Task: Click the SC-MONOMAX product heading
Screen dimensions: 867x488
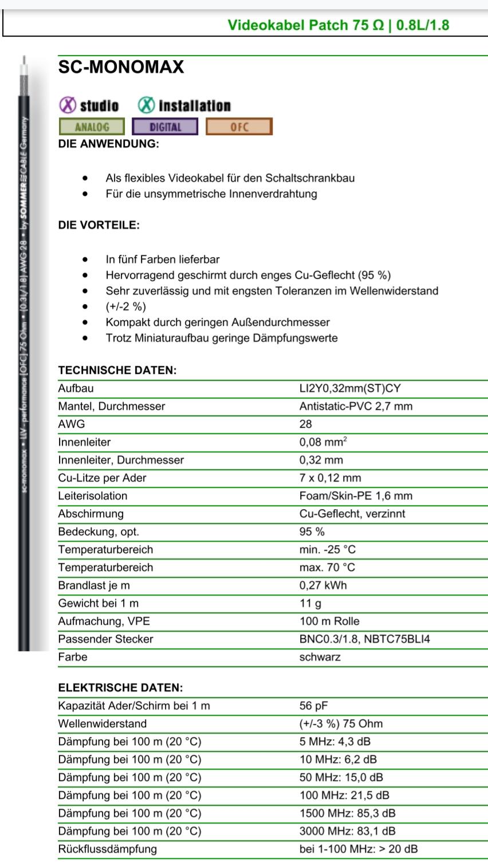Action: tap(121, 68)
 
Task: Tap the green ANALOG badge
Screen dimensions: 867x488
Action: tap(92, 127)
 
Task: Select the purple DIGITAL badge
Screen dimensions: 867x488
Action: tap(165, 127)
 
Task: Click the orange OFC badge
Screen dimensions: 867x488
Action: tap(239, 127)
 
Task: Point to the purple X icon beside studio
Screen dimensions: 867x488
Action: tap(68, 105)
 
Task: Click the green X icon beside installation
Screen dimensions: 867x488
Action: tap(146, 105)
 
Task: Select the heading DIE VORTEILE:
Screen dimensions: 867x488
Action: tap(99, 225)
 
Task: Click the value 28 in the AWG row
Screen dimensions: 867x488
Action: tap(306, 424)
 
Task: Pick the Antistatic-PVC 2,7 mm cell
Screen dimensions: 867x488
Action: tap(356, 407)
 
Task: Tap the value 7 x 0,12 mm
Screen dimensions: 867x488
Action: tap(330, 478)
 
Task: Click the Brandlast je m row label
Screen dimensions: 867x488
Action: tap(93, 586)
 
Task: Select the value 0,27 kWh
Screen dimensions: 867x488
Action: tap(323, 586)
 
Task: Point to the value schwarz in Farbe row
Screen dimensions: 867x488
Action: tap(320, 657)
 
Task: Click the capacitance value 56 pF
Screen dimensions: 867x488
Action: tap(313, 706)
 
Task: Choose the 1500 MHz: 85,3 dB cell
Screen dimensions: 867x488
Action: tap(347, 814)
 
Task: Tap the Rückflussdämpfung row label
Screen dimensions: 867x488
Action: tap(107, 849)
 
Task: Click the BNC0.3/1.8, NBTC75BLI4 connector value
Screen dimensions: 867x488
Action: tap(364, 639)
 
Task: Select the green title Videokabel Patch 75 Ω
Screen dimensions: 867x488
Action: tap(306, 25)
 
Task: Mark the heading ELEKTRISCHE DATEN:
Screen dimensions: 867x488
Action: tap(120, 688)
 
